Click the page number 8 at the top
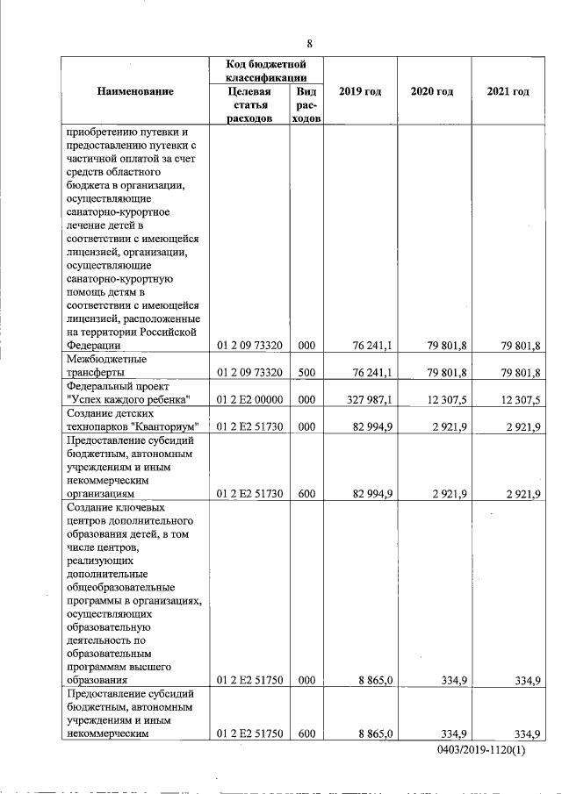pyautogui.click(x=309, y=44)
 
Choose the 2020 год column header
pyautogui.click(x=432, y=91)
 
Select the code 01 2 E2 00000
pyautogui.click(x=249, y=400)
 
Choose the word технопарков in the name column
pyautogui.click(x=98, y=426)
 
